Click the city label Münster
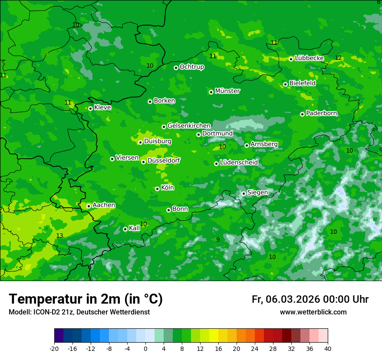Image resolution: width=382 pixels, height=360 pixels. [x=227, y=91]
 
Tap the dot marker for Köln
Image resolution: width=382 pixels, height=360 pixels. [x=157, y=189]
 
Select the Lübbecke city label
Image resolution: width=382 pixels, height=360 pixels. [x=309, y=58]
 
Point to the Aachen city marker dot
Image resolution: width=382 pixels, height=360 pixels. [x=89, y=206]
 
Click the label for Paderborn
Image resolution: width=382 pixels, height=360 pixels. [x=321, y=113]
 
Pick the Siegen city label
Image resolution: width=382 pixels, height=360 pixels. [x=257, y=193]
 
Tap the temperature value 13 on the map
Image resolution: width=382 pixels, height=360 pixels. [x=59, y=236]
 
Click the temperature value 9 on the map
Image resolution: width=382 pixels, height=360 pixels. [x=218, y=239]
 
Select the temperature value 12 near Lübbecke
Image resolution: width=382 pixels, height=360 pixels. [x=338, y=58]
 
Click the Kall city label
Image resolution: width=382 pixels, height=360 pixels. [x=134, y=228]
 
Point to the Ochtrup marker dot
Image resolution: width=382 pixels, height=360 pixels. [x=176, y=68]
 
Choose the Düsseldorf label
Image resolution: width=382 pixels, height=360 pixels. [x=164, y=160]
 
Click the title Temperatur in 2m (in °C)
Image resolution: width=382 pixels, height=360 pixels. [x=86, y=299]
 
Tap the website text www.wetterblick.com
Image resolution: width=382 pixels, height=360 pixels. [x=313, y=312]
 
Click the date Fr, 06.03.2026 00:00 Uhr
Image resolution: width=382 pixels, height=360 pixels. [x=310, y=299]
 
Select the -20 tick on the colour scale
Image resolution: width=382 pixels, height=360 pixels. [x=54, y=348]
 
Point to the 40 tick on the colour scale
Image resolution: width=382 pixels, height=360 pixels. [x=328, y=348]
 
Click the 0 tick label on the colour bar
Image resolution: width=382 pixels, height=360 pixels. [x=145, y=348]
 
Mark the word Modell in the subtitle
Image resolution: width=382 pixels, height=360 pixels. [x=19, y=312]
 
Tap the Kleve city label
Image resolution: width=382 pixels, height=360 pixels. [x=102, y=108]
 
